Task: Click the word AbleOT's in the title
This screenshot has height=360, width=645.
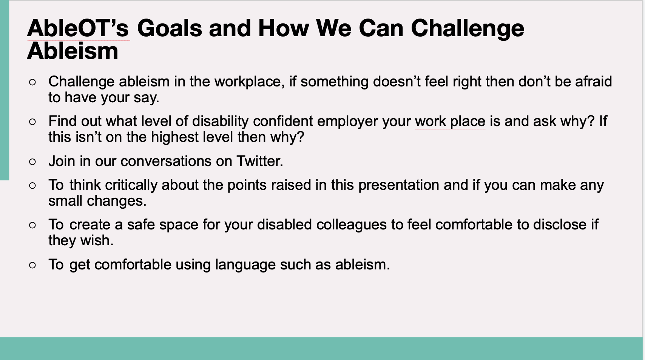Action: (x=78, y=28)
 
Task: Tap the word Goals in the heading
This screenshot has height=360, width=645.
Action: (x=170, y=28)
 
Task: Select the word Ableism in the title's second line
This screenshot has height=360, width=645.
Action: (x=73, y=51)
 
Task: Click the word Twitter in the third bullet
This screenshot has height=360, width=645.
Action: (x=260, y=161)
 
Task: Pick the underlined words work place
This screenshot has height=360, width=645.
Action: (x=450, y=122)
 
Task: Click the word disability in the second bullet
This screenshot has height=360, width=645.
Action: (x=220, y=122)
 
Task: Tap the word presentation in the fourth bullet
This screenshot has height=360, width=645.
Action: (x=399, y=185)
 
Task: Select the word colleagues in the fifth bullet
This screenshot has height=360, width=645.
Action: (x=351, y=225)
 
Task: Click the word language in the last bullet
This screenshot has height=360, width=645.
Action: (x=245, y=265)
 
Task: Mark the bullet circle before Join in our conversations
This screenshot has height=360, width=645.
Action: (x=32, y=162)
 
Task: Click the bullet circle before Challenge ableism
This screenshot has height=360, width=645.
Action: (x=32, y=82)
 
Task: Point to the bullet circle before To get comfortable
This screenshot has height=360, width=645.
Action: (x=32, y=265)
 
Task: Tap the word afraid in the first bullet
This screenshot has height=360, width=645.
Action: (x=594, y=82)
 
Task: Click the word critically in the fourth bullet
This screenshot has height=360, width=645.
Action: (x=131, y=185)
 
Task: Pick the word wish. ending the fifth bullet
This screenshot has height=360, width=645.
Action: (x=97, y=241)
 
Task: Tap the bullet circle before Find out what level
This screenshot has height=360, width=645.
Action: (x=32, y=122)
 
